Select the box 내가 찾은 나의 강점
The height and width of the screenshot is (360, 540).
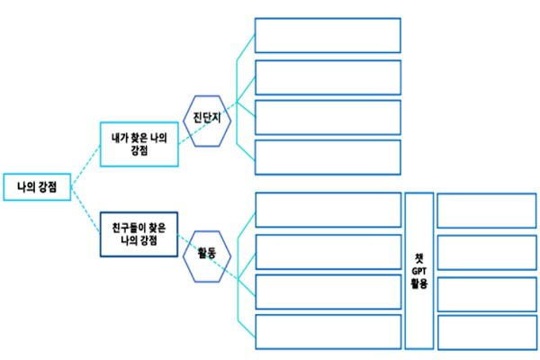point(139,144)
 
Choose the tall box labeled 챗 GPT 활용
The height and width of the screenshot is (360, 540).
point(417,270)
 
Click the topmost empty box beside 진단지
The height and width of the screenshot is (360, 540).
point(327,35)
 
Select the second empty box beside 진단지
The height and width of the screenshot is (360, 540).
point(327,76)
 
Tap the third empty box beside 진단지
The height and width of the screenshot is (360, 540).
point(327,117)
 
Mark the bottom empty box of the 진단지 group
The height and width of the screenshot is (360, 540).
point(327,157)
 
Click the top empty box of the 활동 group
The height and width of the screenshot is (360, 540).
point(327,210)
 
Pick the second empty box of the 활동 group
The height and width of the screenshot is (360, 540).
point(327,252)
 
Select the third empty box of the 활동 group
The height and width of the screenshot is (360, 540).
point(327,292)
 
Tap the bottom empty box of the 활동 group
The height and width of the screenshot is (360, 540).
point(327,331)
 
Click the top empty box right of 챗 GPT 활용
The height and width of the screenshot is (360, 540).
point(486,210)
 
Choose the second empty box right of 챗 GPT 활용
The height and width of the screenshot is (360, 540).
point(486,252)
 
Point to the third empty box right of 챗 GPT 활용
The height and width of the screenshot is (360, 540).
point(486,292)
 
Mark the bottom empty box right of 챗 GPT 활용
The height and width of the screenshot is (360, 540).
point(486,331)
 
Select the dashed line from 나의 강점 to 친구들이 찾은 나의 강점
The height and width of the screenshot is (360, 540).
point(85,210)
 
